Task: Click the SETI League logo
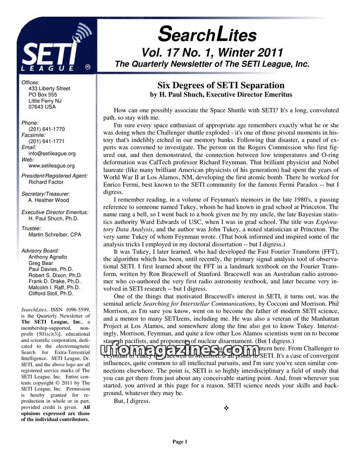click(54, 49)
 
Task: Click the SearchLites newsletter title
click(207, 34)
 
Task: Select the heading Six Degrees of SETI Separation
click(220, 85)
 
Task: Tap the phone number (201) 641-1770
click(46, 129)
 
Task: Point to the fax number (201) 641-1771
click(46, 141)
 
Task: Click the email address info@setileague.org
click(52, 153)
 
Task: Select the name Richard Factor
click(46, 182)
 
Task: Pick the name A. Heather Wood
click(49, 200)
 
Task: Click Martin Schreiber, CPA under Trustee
click(54, 234)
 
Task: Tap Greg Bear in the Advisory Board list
click(40, 263)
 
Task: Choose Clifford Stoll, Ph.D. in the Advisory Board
click(50, 293)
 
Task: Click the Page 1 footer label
click(180, 442)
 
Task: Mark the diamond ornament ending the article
click(226, 408)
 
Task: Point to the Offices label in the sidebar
click(31, 82)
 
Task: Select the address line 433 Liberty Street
click(49, 89)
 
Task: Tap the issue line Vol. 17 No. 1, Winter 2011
click(212, 52)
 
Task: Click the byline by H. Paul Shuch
click(220, 94)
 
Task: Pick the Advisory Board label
click(40, 251)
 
